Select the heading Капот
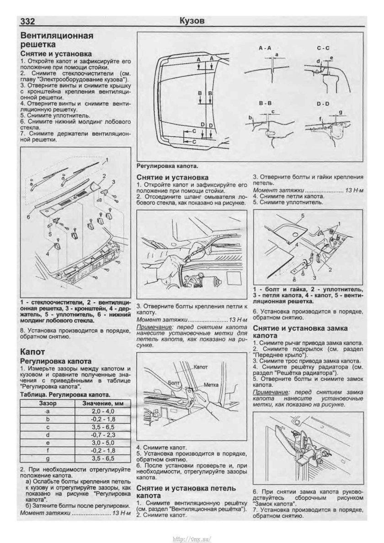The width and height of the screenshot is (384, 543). click(x=32, y=352)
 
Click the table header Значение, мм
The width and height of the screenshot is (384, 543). click(x=99, y=404)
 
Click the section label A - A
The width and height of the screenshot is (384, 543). click(x=265, y=48)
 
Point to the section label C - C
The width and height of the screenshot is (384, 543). click(x=324, y=48)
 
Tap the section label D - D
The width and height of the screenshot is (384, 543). click(x=323, y=105)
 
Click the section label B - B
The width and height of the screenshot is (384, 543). click(x=265, y=104)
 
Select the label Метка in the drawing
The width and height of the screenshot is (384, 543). click(x=212, y=384)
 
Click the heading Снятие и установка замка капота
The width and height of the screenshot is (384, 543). click(x=300, y=332)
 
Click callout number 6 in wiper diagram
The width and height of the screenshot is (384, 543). click(x=28, y=218)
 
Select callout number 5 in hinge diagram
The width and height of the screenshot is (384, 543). click(x=303, y=214)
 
